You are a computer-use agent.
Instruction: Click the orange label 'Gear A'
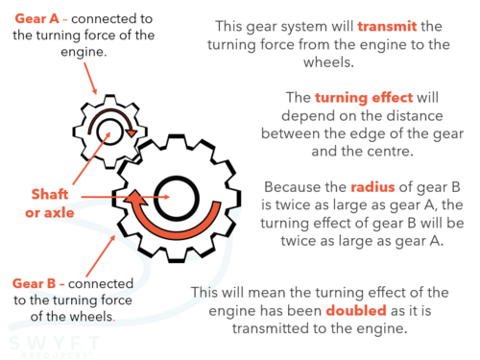tap(37, 18)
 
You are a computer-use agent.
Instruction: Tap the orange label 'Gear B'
tap(35, 283)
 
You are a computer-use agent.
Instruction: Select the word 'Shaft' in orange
tap(50, 194)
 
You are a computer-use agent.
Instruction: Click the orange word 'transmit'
tap(387, 26)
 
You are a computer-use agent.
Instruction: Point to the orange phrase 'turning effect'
tap(364, 98)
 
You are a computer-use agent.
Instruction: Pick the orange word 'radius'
tap(372, 187)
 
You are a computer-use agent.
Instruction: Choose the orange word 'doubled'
tap(356, 310)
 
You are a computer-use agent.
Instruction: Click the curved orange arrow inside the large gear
tap(176, 230)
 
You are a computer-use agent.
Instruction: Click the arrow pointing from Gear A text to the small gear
tap(90, 79)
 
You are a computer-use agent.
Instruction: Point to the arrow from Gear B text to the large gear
tap(101, 255)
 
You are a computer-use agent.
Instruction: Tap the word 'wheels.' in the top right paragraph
tap(328, 62)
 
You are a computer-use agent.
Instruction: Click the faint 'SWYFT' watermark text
tap(54, 343)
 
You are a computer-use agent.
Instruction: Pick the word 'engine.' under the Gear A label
tap(84, 52)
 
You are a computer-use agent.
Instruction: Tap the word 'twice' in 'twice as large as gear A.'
tap(298, 241)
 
